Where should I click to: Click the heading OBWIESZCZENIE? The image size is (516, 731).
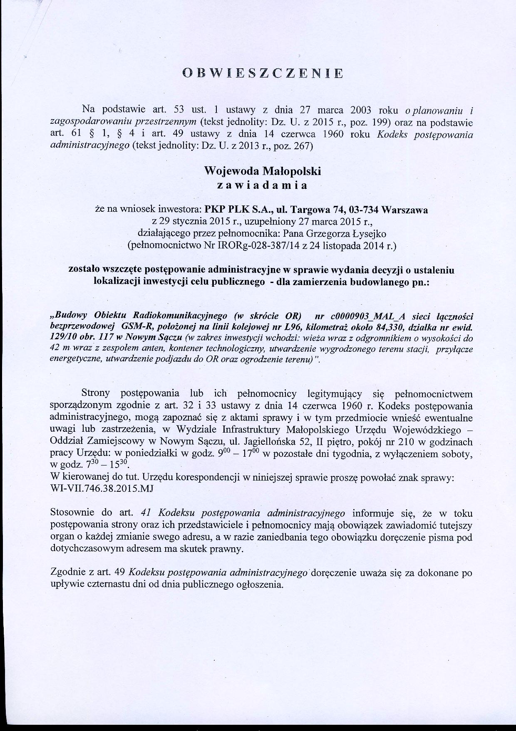[263, 73]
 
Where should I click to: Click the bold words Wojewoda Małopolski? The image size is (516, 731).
[263, 171]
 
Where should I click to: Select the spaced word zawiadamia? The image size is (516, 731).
[263, 185]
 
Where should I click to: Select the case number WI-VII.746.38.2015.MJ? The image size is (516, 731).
[102, 489]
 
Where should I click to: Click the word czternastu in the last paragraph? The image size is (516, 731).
[103, 584]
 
